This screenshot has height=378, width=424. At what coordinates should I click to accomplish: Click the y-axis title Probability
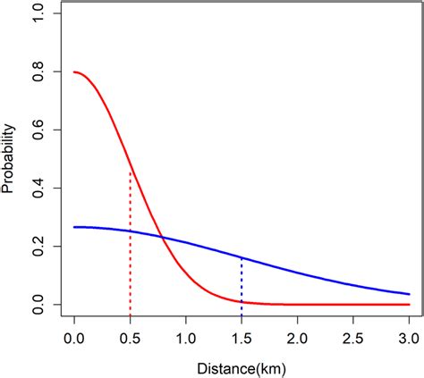[x=11, y=160]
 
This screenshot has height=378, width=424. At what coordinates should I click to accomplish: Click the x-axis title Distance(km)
[x=242, y=367]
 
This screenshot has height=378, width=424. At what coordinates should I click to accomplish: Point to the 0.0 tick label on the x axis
[x=74, y=340]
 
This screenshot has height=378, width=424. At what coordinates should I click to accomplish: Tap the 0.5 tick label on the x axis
[x=131, y=340]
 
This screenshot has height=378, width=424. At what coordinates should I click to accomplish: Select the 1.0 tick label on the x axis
[x=186, y=340]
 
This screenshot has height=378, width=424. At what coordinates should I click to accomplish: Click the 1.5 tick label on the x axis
[x=242, y=340]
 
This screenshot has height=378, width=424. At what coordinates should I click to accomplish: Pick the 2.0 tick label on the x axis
[x=298, y=340]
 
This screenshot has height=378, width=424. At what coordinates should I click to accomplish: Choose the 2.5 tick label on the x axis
[x=354, y=340]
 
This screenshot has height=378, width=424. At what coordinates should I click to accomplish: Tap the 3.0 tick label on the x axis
[x=410, y=340]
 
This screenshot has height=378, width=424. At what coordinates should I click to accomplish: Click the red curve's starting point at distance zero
[x=74, y=72]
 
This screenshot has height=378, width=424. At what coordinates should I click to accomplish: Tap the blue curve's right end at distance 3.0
[x=410, y=294]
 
